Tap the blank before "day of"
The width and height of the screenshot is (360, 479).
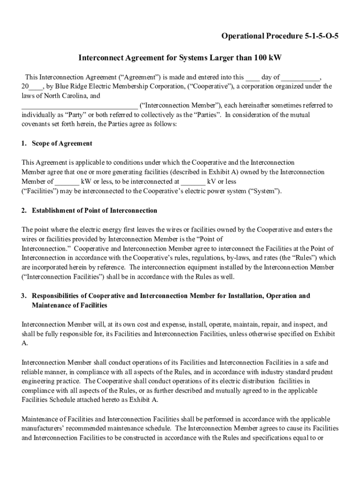252,77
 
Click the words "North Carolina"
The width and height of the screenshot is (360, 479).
64,96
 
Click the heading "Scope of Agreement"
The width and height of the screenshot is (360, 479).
62,144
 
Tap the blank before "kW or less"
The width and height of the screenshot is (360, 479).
67,181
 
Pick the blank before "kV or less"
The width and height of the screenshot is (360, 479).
193,181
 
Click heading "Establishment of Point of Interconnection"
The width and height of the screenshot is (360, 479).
94,210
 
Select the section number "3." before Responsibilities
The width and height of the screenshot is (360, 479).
24,296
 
